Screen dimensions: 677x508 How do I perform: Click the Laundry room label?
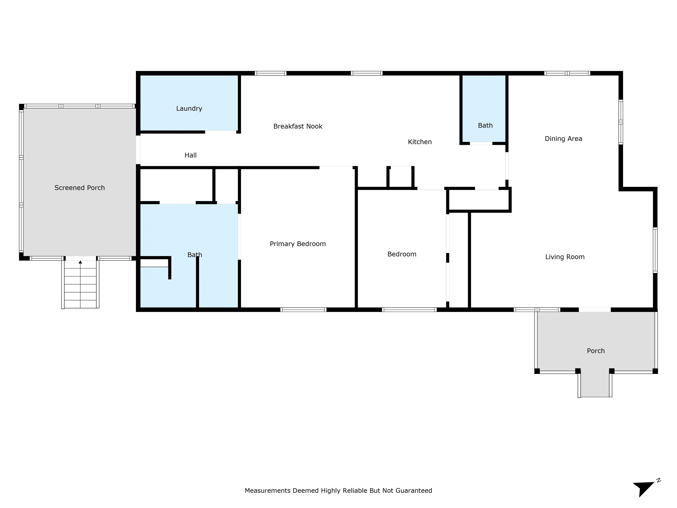point(189,108)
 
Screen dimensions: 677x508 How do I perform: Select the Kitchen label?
point(420,142)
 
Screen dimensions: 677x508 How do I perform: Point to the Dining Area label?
point(564,139)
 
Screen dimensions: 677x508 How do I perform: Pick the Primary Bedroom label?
point(298,244)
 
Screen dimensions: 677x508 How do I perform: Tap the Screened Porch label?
point(80,188)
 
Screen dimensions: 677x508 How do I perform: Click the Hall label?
point(190,155)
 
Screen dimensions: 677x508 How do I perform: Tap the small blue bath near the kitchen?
point(484,109)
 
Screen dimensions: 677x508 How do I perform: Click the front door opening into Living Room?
point(595,310)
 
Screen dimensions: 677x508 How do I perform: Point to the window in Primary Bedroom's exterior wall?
point(303,310)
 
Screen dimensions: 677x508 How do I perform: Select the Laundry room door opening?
point(221,132)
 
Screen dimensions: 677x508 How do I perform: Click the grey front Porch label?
point(596,351)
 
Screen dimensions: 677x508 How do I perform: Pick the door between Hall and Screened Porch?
point(138,150)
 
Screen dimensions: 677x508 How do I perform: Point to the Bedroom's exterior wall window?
point(409,310)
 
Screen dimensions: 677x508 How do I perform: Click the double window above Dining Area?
point(567,73)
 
